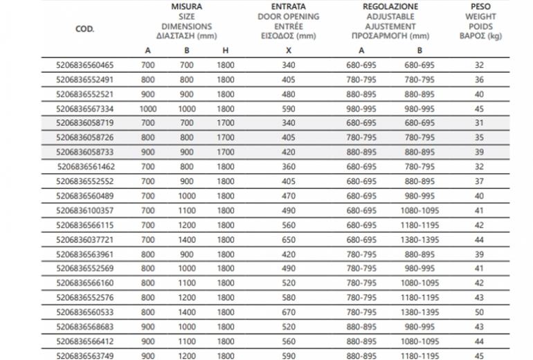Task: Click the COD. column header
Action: click(x=84, y=30)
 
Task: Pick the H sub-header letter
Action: click(x=225, y=51)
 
